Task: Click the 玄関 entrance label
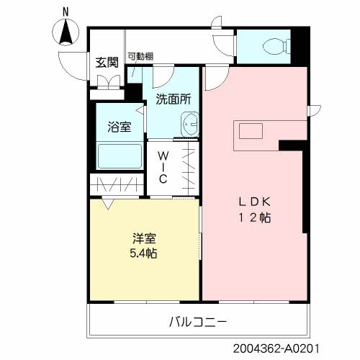pyautogui.click(x=107, y=63)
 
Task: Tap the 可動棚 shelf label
pyautogui.click(x=140, y=57)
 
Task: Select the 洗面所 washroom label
pyautogui.click(x=174, y=99)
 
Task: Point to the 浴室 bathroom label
pyautogui.click(x=120, y=127)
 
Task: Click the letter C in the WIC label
pyautogui.click(x=163, y=179)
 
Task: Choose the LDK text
pyautogui.click(x=255, y=202)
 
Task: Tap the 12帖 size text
pyautogui.click(x=255, y=218)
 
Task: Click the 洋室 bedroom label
pyautogui.click(x=145, y=238)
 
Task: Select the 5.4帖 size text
pyautogui.click(x=143, y=253)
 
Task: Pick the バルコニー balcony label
pyautogui.click(x=198, y=322)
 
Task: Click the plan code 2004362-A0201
pyautogui.click(x=276, y=348)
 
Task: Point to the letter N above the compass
pyautogui.click(x=66, y=12)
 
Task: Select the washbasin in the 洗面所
pyautogui.click(x=189, y=125)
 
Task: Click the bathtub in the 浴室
pyautogui.click(x=120, y=156)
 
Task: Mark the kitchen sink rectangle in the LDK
pyautogui.click(x=251, y=131)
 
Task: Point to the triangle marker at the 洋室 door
pyautogui.click(x=108, y=203)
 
